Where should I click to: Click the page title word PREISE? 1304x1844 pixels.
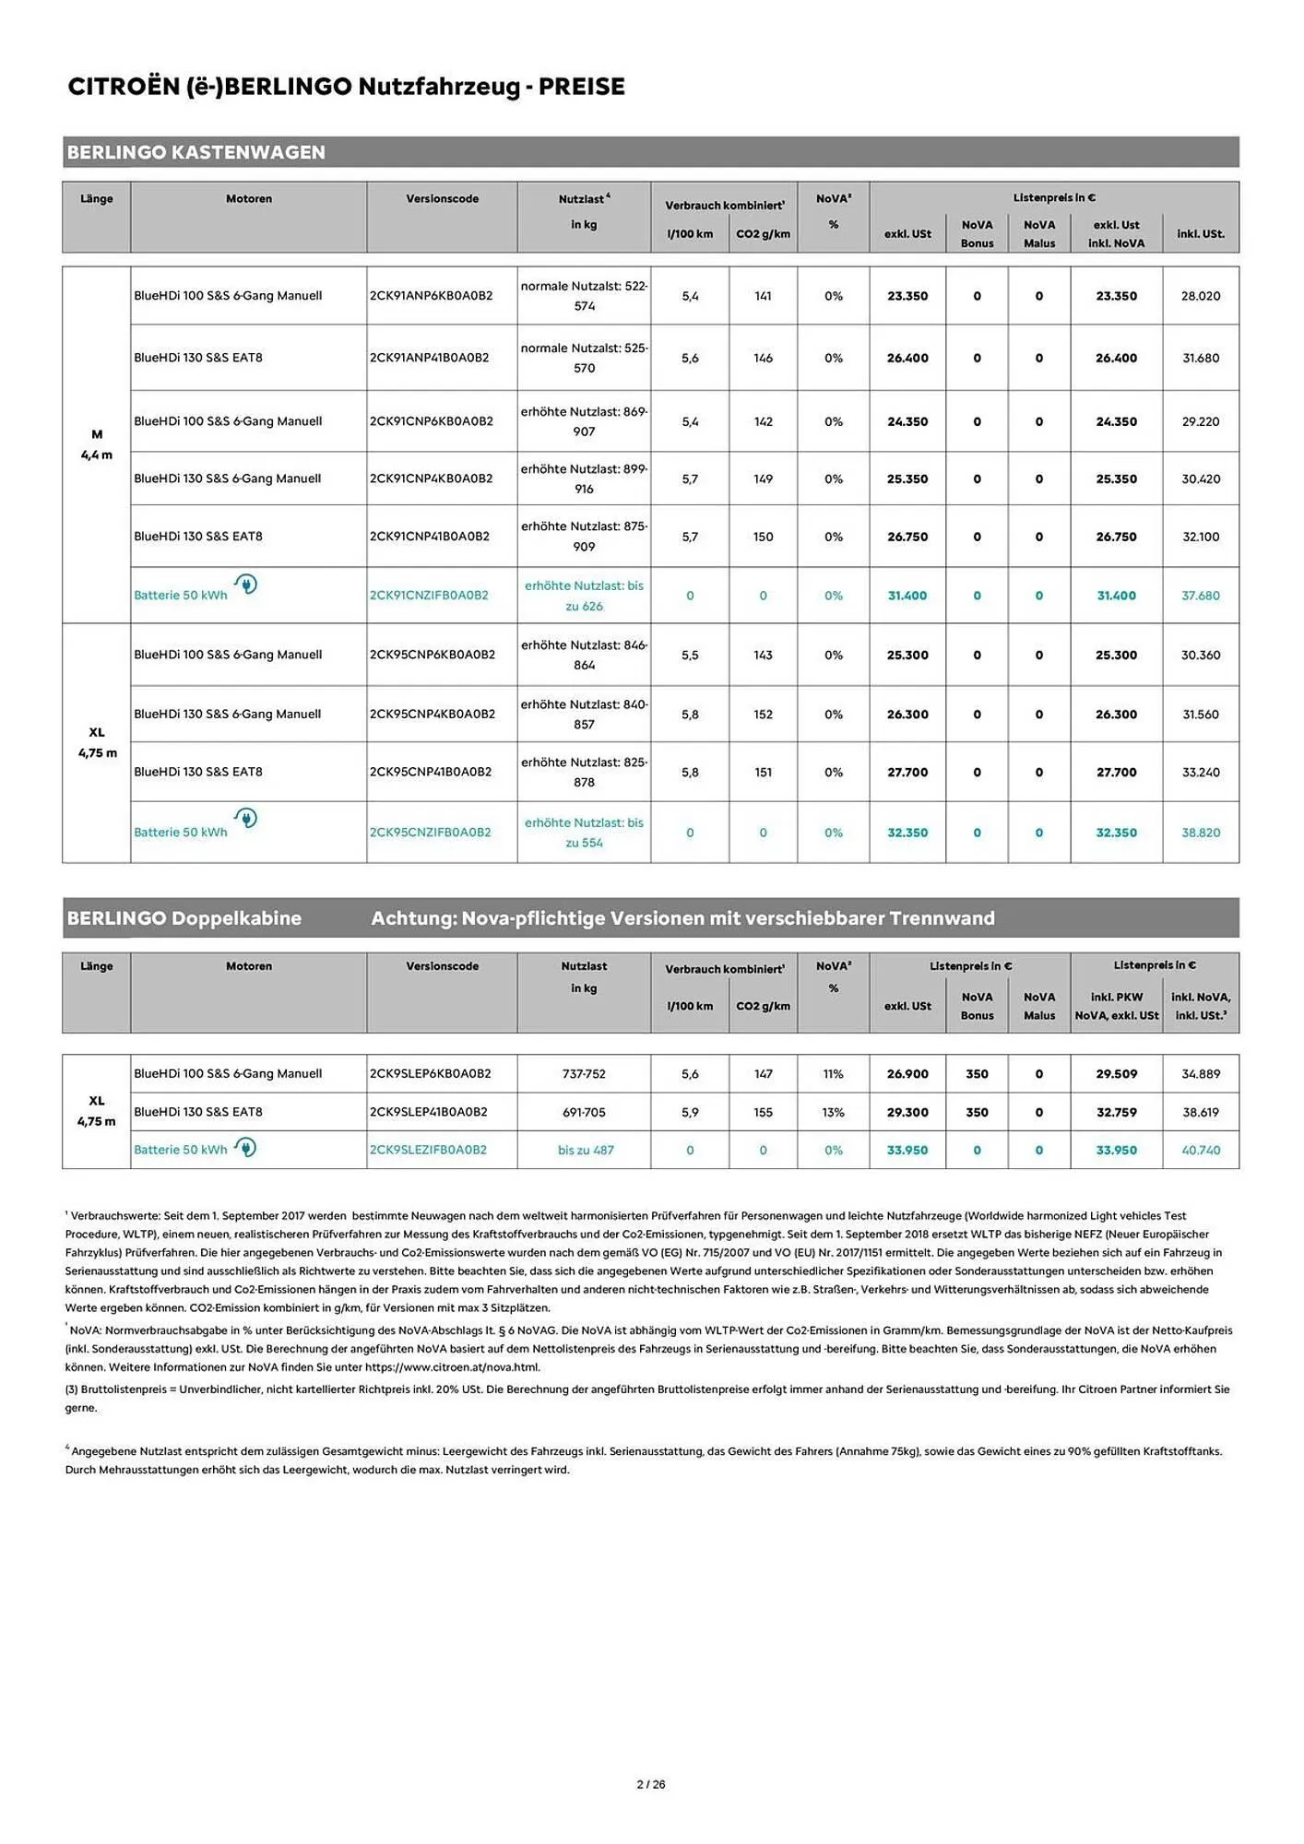tap(581, 87)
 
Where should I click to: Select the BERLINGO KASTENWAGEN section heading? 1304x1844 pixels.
tap(196, 152)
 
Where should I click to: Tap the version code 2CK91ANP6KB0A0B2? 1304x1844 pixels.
tap(431, 296)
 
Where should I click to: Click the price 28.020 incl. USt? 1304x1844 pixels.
tap(1200, 296)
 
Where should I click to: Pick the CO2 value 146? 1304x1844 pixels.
tap(763, 358)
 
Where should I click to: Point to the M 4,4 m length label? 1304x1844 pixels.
tap(97, 444)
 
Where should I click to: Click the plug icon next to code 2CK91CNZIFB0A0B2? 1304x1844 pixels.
tap(245, 584)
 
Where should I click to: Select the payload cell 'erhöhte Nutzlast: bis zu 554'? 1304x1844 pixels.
tap(584, 833)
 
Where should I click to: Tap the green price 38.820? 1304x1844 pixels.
tap(1200, 833)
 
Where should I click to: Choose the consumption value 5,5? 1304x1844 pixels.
tap(690, 655)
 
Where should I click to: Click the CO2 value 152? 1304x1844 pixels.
tap(763, 715)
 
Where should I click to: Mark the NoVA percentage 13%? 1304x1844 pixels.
tap(833, 1112)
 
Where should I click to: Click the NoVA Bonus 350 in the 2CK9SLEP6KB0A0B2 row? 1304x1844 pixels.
tap(977, 1074)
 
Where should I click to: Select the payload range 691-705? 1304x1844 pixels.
tap(584, 1112)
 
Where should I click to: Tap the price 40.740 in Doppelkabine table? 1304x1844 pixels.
tap(1200, 1150)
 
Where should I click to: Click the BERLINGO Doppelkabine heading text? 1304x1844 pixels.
tap(184, 918)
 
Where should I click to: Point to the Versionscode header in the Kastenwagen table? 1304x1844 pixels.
tap(442, 199)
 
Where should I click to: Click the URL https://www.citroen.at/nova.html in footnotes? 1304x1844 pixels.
tap(452, 1367)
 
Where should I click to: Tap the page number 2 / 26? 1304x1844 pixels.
tap(651, 1784)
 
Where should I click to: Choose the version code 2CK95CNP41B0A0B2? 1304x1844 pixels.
tap(431, 772)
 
